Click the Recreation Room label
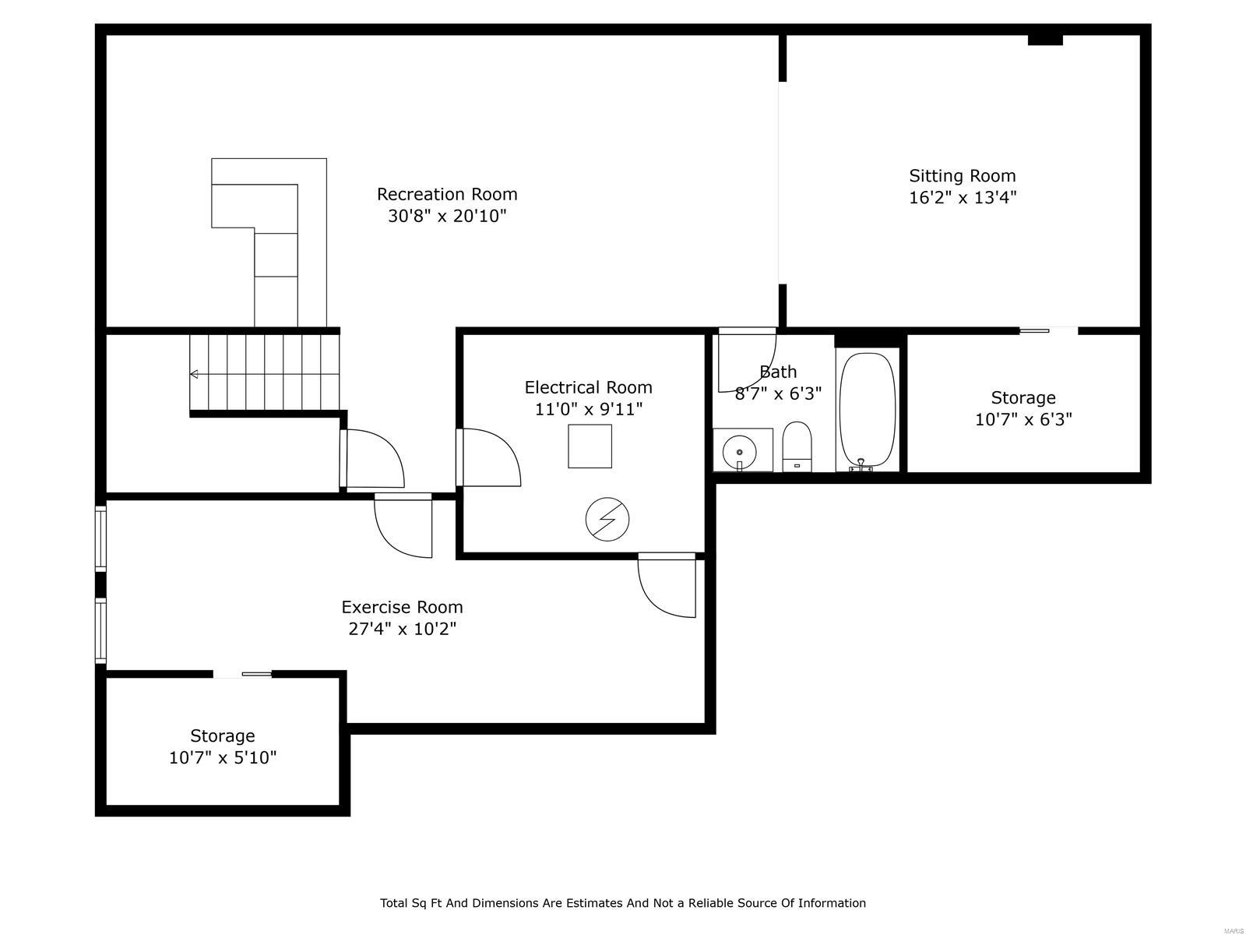tap(447, 194)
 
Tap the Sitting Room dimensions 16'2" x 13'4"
tap(963, 198)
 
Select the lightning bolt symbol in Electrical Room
tap(607, 520)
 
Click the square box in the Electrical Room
tap(590, 446)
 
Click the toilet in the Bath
tap(797, 446)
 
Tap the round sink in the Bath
tap(739, 451)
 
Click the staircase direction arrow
tap(195, 375)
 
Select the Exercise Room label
tap(402, 607)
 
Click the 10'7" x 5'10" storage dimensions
tap(223, 757)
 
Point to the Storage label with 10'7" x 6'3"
tap(1023, 398)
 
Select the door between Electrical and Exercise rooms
tap(667, 584)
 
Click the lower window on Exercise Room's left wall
tap(100, 630)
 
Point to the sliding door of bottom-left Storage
tap(243, 674)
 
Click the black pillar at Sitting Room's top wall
tap(1045, 40)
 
